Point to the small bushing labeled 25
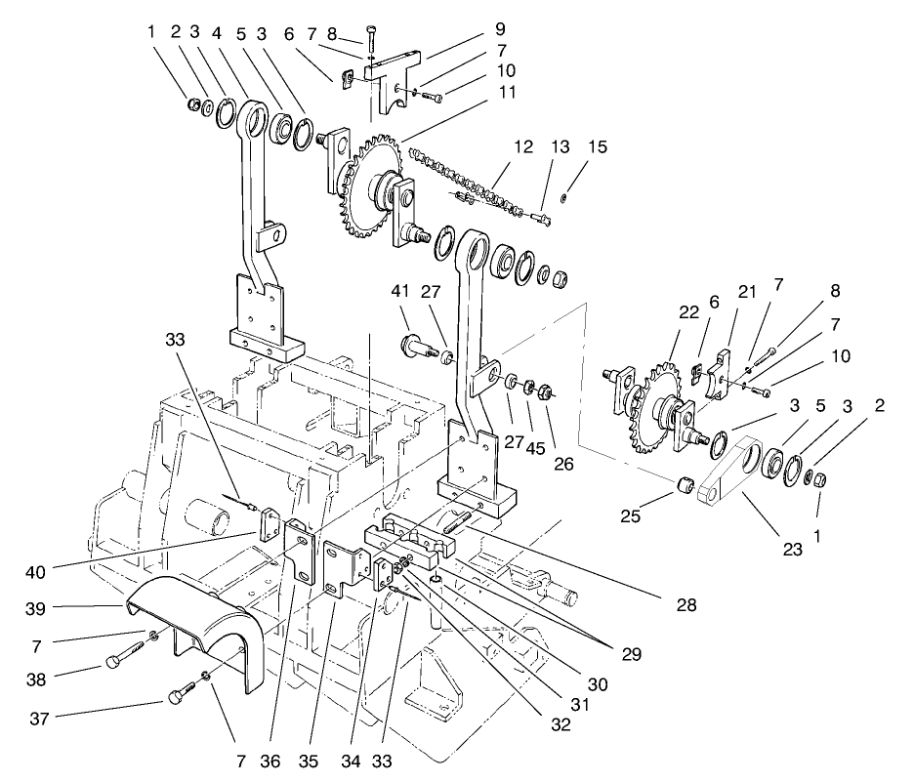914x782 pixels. [685, 483]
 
